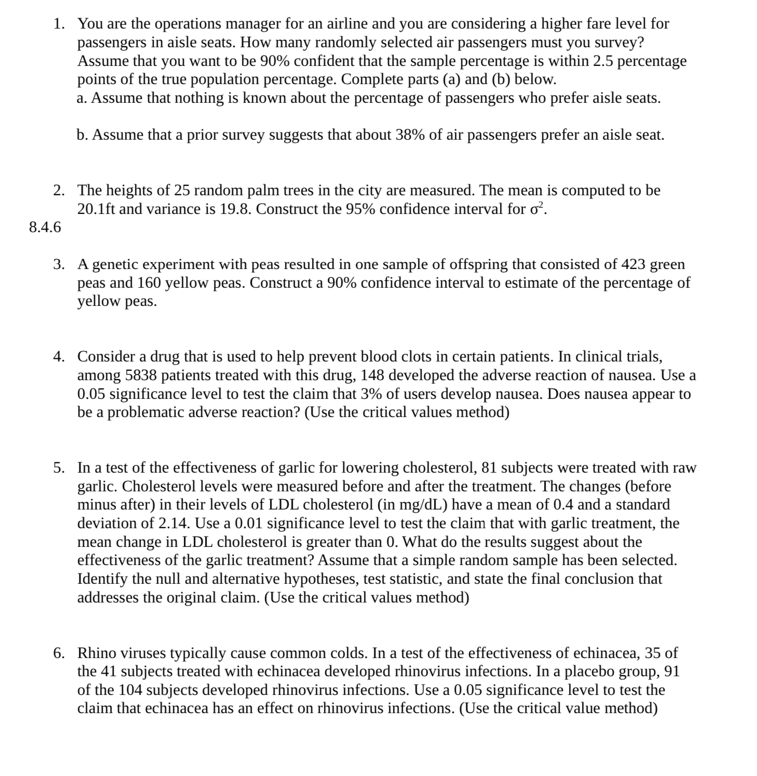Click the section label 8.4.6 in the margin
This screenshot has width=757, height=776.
pyautogui.click(x=45, y=227)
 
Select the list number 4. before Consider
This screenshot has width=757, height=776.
pyautogui.click(x=59, y=357)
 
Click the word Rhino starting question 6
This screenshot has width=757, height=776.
pyautogui.click(x=97, y=653)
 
